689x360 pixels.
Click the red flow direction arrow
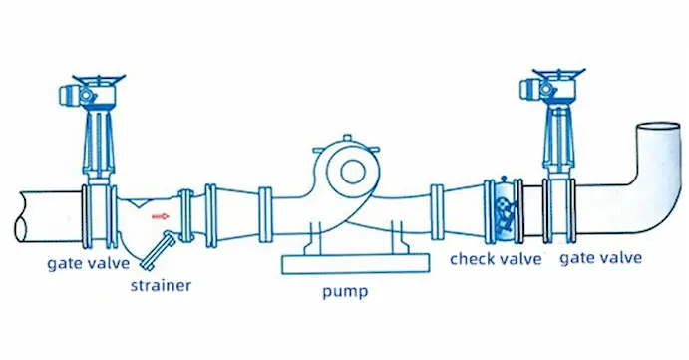157,212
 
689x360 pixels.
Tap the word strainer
161,287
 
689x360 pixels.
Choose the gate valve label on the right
601,259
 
